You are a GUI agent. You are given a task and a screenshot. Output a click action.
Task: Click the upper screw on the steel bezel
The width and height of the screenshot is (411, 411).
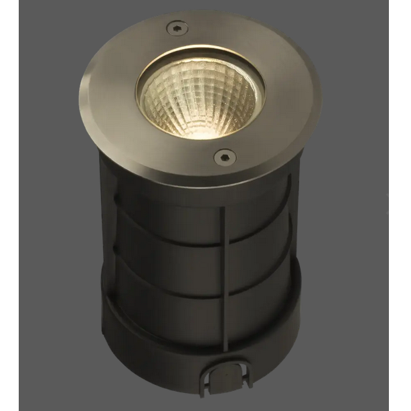[x=175, y=27]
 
